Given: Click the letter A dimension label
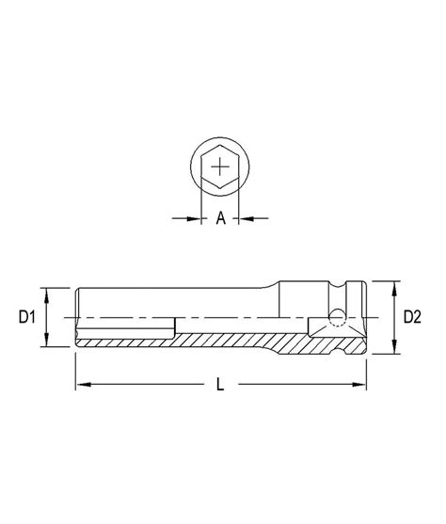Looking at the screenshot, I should [x=220, y=218].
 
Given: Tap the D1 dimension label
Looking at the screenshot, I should [x=26, y=318].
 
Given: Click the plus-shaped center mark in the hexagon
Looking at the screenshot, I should [x=220, y=169].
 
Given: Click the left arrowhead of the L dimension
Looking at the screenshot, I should [x=81, y=384].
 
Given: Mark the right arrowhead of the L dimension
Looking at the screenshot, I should [x=359, y=384].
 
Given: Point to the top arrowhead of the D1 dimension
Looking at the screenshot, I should [x=45, y=291].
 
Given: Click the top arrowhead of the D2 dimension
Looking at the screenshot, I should [x=389, y=284].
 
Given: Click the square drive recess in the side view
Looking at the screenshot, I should [x=341, y=325].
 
